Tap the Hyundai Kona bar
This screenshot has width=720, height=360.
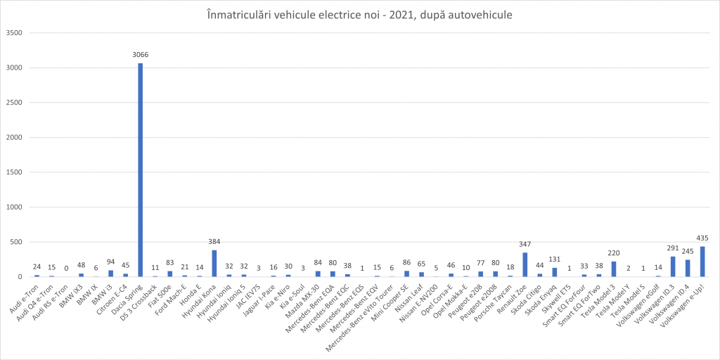pos(214,264)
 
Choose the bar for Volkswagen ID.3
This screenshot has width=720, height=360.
pos(673,266)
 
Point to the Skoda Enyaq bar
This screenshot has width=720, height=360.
pos(555,272)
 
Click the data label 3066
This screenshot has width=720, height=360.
pos(140,54)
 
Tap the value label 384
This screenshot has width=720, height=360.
pos(214,243)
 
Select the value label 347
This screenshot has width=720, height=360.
pos(525,245)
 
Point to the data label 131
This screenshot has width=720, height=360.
pos(555,260)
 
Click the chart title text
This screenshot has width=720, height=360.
pos(360,14)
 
